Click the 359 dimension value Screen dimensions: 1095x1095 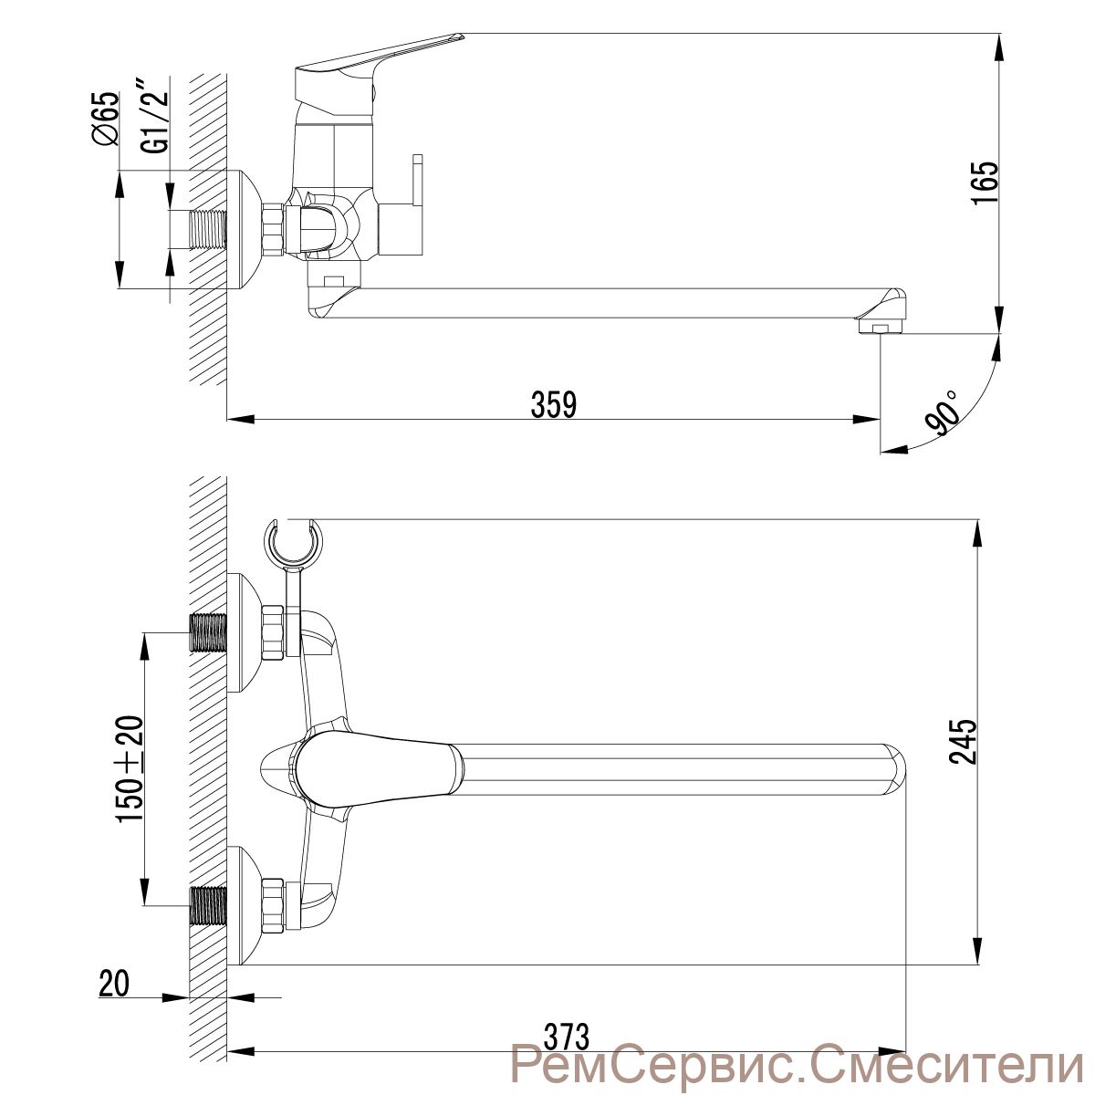click(554, 404)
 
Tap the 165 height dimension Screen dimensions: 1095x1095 click(985, 182)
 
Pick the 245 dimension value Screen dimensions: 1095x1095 click(965, 742)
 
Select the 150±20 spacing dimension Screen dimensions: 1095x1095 click(130, 769)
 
